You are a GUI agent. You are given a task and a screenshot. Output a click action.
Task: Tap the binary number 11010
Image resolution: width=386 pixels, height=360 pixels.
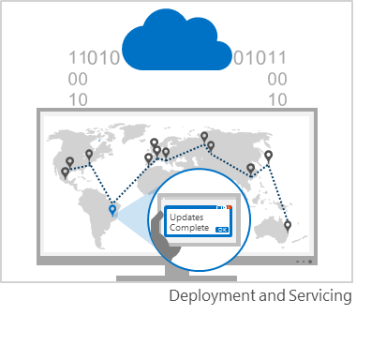(x=94, y=59)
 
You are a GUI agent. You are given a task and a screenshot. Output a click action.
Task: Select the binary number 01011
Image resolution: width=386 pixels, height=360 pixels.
(x=260, y=59)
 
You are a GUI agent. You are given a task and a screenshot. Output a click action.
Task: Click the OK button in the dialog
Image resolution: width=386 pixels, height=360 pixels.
(x=222, y=228)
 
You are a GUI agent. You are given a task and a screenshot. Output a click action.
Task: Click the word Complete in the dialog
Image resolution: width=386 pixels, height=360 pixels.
(x=189, y=228)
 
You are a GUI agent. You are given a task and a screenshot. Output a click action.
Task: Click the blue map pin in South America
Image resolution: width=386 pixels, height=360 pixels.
(x=112, y=210)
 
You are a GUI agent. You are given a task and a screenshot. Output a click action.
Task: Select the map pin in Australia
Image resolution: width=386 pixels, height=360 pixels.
(x=288, y=226)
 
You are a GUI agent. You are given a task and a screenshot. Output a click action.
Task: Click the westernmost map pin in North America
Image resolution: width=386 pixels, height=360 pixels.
(x=66, y=172)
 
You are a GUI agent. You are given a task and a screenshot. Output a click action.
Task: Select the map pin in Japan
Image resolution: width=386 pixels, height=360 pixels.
(x=268, y=156)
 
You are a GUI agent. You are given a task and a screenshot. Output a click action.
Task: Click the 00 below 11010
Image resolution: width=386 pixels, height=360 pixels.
(x=79, y=79)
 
